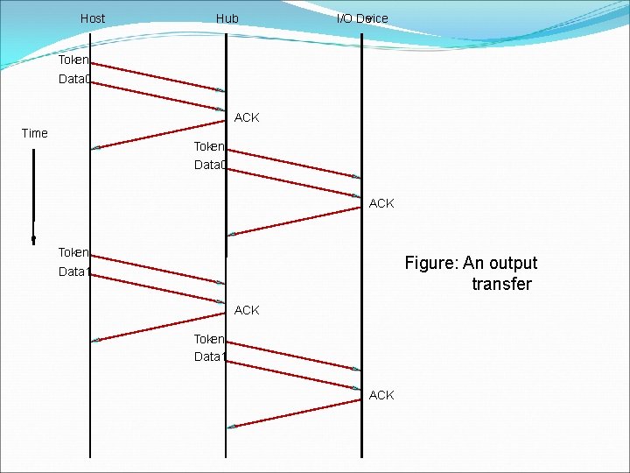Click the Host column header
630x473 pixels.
[x=92, y=18]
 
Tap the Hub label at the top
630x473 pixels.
[x=227, y=18]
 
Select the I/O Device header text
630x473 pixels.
[x=362, y=18]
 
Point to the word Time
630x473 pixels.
[x=34, y=133]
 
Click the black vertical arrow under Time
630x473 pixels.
[x=33, y=197]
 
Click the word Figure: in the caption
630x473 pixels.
[x=431, y=263]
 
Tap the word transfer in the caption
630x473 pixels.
[x=501, y=284]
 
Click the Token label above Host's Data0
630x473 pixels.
[x=73, y=60]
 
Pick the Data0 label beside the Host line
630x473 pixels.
[x=73, y=80]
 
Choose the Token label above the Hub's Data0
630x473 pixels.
[x=209, y=145]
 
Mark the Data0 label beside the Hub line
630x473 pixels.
[x=210, y=165]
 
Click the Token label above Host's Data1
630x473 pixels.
[x=73, y=252]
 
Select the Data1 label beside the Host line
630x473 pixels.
[x=73, y=272]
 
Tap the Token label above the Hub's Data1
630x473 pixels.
[x=209, y=338]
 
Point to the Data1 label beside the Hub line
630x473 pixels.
[x=210, y=357]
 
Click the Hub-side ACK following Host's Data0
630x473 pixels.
[x=247, y=117]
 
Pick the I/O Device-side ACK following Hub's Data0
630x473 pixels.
[x=381, y=203]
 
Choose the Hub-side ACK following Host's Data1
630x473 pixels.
[x=247, y=310]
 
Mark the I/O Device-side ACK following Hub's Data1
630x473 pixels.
[x=381, y=395]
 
